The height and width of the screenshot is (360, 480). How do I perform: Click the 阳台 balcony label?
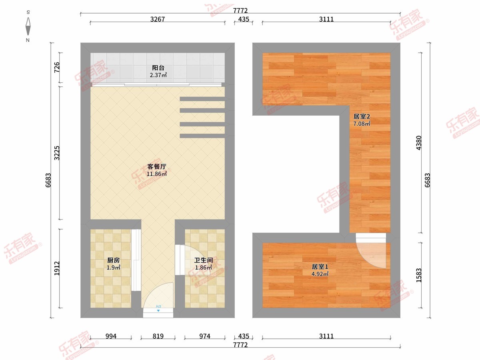pos(158,68)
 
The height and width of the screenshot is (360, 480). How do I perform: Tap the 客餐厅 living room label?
pos(156,166)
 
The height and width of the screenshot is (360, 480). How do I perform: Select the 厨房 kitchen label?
pos(114,260)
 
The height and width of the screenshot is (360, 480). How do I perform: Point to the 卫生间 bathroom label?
pos(203,260)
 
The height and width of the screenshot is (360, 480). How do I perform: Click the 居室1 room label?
pos(320,267)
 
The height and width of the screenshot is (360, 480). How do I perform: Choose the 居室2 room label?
pos(362,116)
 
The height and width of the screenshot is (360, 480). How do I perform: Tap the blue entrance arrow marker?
pos(158,311)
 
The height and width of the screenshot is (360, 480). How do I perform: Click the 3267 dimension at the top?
pos(158,19)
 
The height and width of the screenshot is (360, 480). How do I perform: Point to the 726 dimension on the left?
pos(57,67)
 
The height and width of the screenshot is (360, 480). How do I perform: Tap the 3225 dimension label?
pos(57,153)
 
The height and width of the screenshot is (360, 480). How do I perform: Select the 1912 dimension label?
pos(57,268)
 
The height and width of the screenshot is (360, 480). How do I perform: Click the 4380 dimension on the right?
pos(418,143)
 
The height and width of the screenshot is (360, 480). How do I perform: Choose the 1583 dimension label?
pos(418,275)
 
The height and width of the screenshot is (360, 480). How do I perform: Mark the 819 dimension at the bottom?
pos(158,336)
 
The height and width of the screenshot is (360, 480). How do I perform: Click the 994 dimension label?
pos(111,336)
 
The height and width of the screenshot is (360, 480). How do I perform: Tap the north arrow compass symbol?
pos(28,26)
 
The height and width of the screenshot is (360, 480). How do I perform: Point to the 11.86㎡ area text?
pos(156,174)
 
